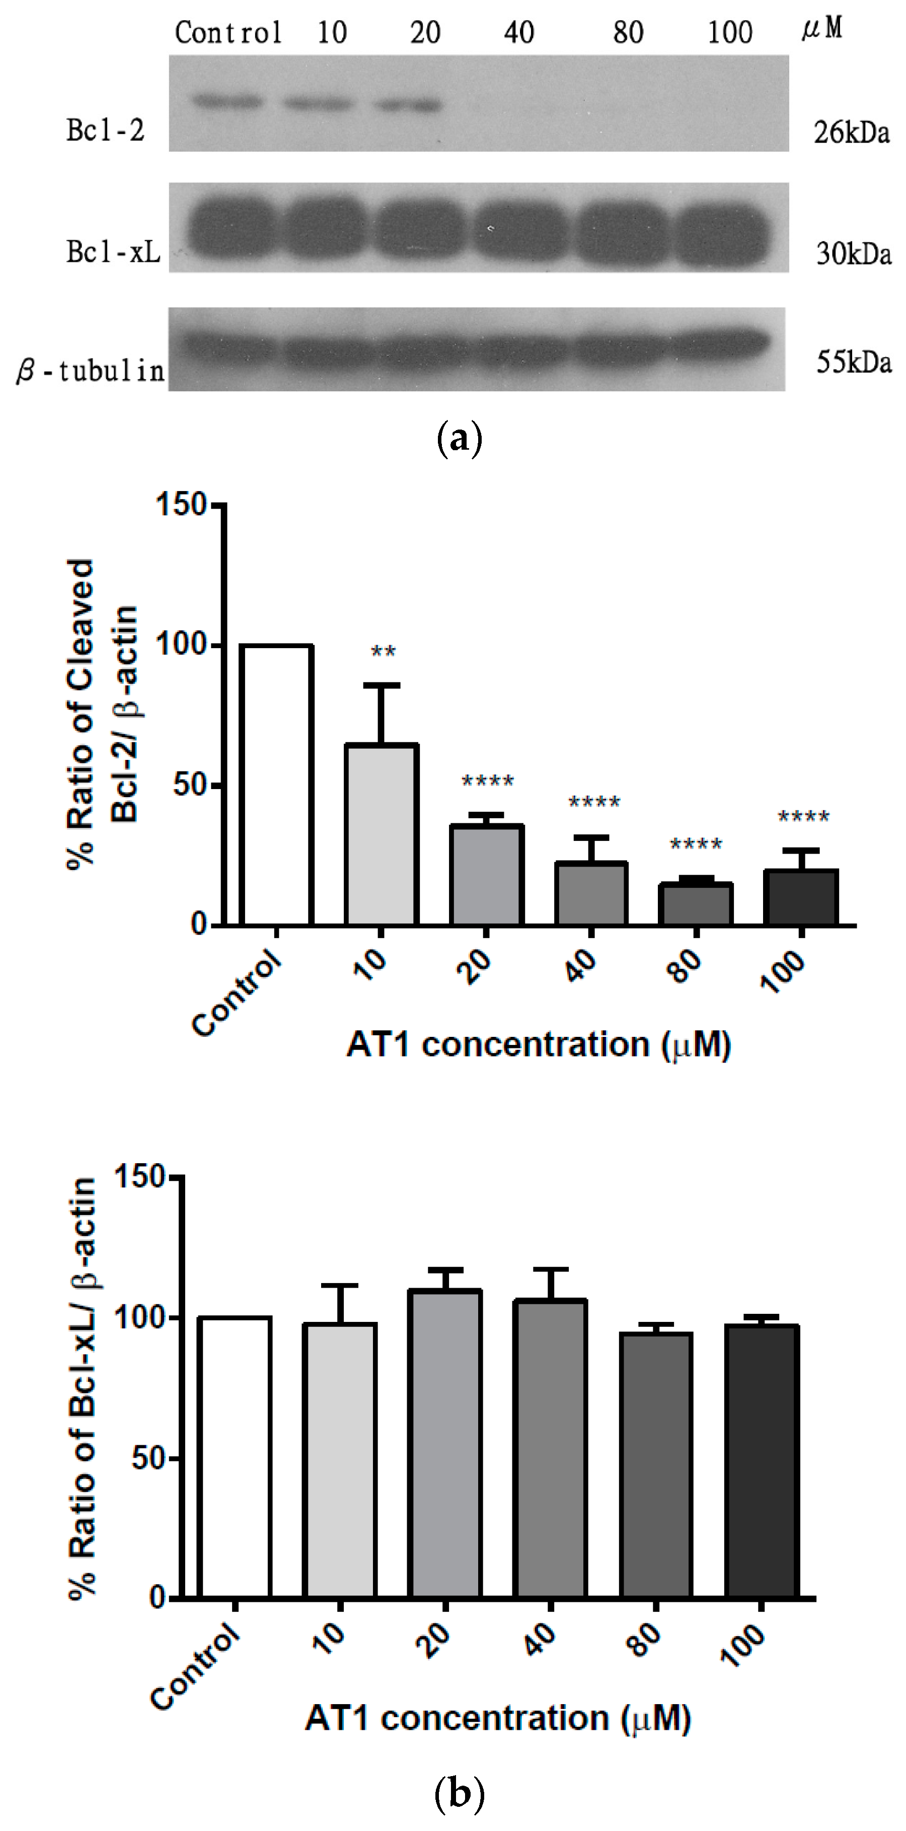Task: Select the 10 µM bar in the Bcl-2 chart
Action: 382,834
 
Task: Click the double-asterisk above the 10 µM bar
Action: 384,652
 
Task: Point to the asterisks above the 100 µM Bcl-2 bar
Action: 804,817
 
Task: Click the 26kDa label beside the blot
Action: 851,133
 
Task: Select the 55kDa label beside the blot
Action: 853,363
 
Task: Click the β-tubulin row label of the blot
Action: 90,370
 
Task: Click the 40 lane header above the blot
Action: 519,33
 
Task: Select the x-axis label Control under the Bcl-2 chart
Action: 237,993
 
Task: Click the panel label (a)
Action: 459,439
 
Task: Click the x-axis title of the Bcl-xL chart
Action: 498,1719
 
